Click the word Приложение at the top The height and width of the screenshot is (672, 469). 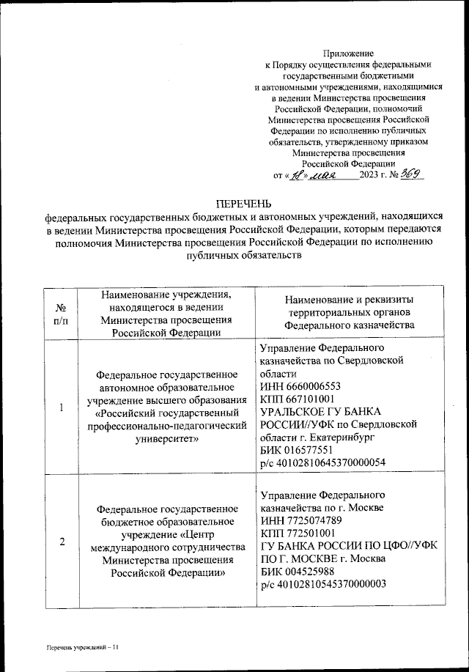(348, 53)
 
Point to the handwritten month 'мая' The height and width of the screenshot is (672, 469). (323, 176)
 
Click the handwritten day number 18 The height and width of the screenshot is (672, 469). (294, 176)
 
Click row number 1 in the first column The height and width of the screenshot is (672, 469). (62, 407)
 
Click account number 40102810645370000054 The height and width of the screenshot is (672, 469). (323, 462)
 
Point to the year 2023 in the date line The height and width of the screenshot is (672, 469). (372, 176)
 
